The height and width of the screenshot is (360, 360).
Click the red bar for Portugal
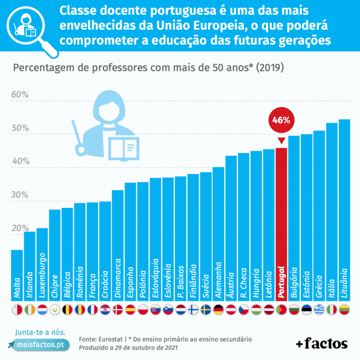click(281, 223)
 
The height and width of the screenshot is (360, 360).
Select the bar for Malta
click(17, 274)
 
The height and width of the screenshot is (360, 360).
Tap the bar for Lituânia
click(344, 209)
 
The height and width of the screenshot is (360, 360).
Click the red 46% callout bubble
click(281, 120)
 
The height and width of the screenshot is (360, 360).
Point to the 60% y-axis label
click(20, 95)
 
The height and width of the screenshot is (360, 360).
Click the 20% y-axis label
click(20, 228)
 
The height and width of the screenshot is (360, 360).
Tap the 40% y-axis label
click(20, 161)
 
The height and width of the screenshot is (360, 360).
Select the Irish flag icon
click(30, 309)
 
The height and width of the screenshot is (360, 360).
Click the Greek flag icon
click(319, 309)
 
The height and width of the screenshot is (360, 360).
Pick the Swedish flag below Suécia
click(206, 309)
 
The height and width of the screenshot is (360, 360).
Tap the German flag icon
click(219, 309)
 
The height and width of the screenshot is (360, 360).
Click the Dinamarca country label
click(118, 278)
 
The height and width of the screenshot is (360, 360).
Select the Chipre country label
click(55, 286)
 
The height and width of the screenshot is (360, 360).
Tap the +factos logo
click(322, 344)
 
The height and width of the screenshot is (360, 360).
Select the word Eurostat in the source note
click(111, 340)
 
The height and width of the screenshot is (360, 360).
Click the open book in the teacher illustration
click(123, 148)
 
